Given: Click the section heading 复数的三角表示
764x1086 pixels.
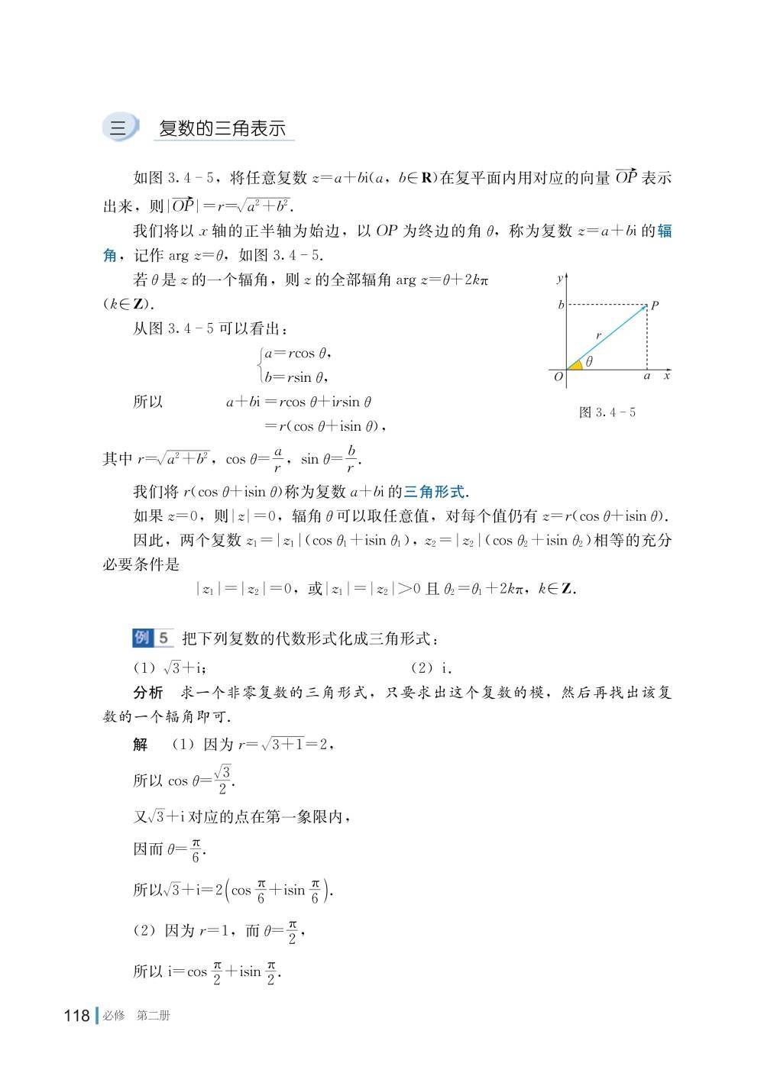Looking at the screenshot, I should [x=222, y=128].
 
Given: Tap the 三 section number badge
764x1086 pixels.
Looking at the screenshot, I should [x=118, y=128].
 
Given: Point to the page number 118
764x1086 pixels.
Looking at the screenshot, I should [x=77, y=1016].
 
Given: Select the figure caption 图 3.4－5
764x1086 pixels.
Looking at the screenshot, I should [x=607, y=412].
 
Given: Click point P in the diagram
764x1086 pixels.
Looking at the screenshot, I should [x=648, y=305].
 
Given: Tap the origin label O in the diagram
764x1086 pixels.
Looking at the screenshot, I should [x=558, y=377].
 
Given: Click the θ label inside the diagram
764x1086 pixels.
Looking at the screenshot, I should [x=589, y=362].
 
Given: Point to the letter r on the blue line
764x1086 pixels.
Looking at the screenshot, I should [x=599, y=335].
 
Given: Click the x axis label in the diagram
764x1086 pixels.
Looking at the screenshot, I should [x=667, y=377].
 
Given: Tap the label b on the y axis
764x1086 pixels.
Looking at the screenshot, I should [x=561, y=305].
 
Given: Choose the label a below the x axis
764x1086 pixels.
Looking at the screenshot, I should [x=647, y=377].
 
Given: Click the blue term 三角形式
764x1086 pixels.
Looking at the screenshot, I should [x=434, y=492].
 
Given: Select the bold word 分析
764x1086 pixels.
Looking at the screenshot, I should [x=148, y=693].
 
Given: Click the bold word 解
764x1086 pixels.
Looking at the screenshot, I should [x=141, y=744].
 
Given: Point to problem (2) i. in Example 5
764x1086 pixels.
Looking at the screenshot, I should [x=432, y=668].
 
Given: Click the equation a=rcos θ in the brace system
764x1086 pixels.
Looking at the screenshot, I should [x=297, y=354].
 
